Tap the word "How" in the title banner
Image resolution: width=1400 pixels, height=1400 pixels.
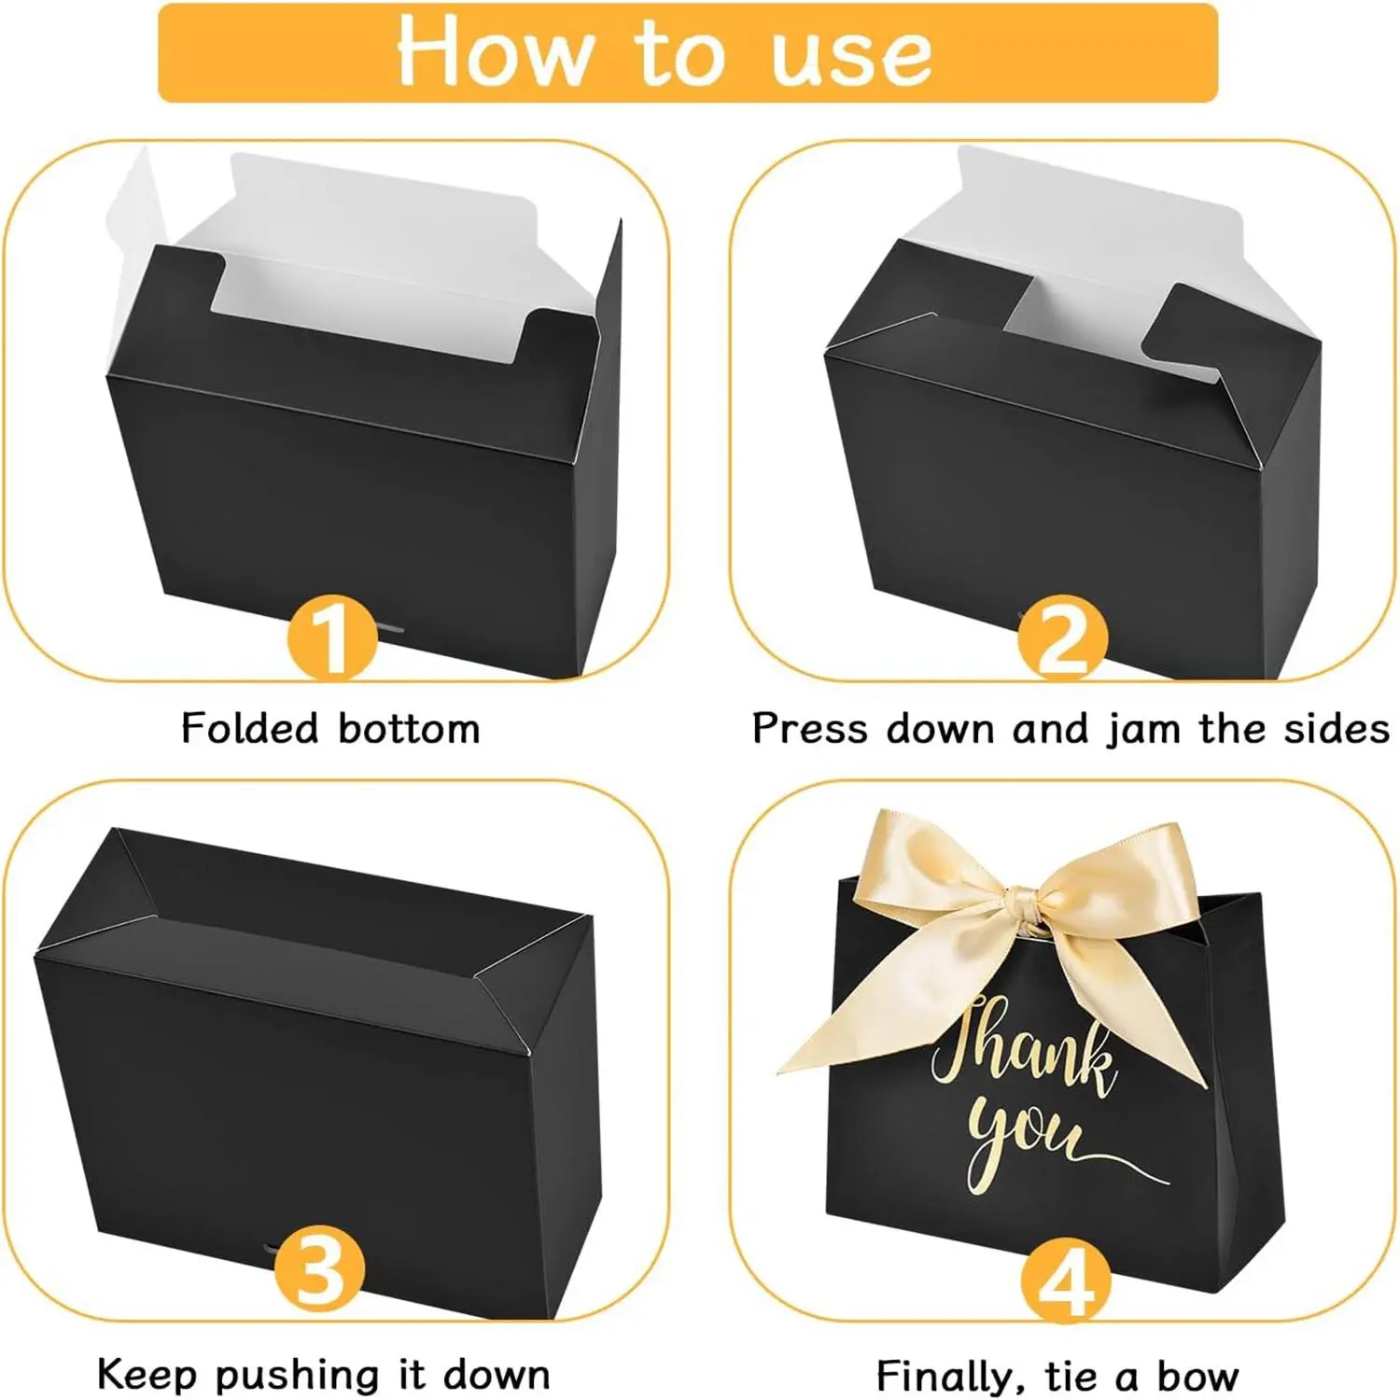[496, 50]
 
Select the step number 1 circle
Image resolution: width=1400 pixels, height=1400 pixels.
[332, 638]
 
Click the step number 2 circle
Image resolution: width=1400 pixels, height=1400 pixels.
[1063, 638]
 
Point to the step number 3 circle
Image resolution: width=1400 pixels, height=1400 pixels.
[320, 1270]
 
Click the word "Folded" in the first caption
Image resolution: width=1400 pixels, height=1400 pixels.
[250, 728]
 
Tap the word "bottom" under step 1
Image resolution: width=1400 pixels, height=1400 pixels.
[409, 729]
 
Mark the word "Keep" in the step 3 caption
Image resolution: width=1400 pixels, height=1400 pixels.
[146, 1376]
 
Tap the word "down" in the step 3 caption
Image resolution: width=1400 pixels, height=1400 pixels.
[497, 1376]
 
